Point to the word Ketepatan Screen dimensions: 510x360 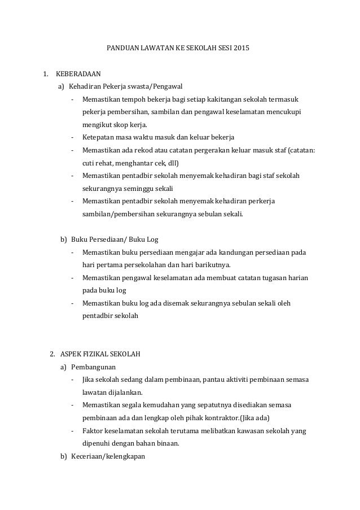pyautogui.click(x=99, y=137)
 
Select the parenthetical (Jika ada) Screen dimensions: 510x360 pyautogui.click(x=254, y=418)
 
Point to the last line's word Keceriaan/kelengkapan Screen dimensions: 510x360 pyautogui.click(x=108, y=456)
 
